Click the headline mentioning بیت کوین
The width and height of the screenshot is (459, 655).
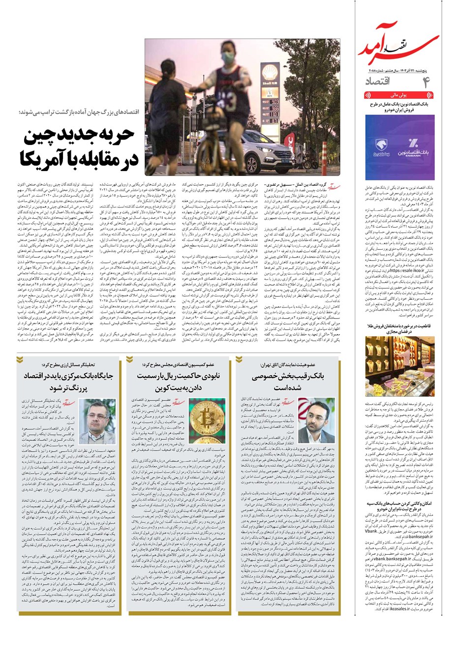[x=182, y=382]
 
